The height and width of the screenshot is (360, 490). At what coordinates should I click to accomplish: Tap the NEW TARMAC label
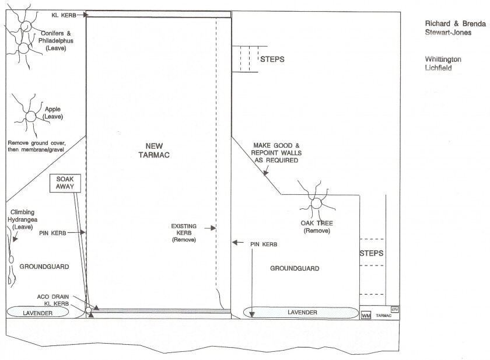point(154,151)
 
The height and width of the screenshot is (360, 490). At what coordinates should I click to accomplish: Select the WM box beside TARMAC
point(366,315)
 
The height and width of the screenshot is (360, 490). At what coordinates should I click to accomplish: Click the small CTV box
point(395,309)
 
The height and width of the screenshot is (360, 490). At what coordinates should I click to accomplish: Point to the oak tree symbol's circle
point(316,204)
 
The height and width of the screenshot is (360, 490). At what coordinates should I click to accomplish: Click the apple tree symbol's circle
point(30,117)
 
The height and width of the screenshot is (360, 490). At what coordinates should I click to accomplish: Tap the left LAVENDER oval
point(37,312)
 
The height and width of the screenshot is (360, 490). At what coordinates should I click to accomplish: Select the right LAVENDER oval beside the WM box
point(301,312)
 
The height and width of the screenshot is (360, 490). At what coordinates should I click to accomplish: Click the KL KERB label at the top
point(64,15)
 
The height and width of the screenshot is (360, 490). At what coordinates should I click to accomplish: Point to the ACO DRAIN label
point(53,296)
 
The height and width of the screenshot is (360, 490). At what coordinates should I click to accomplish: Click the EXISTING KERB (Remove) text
point(184,233)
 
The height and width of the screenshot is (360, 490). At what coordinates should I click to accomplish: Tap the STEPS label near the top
point(272,59)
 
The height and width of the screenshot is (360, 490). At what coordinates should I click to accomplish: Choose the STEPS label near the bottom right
point(371,253)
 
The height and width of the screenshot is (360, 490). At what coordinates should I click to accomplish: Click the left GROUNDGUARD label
point(44,267)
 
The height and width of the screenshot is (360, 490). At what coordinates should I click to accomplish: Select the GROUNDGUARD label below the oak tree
point(295,268)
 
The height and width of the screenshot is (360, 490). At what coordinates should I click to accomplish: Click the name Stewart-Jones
point(448,32)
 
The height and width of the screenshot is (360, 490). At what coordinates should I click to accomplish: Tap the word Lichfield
point(439,68)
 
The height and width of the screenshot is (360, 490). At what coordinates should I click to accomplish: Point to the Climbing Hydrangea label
point(23,219)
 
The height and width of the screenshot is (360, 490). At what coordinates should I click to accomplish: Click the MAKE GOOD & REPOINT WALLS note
point(276,153)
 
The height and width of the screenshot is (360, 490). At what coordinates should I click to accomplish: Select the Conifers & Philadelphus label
point(55,41)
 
